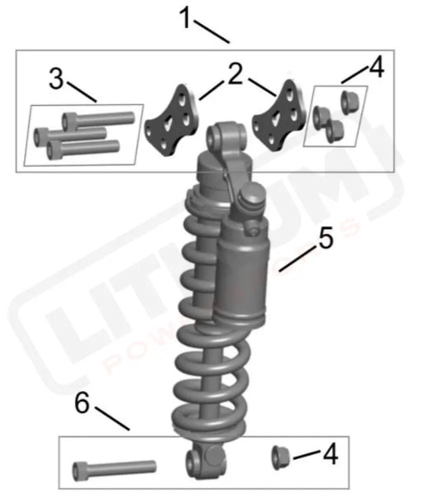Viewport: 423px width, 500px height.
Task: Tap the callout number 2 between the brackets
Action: (x=236, y=75)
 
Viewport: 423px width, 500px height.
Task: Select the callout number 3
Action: (x=56, y=79)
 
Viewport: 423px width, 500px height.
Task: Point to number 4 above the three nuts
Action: (x=376, y=69)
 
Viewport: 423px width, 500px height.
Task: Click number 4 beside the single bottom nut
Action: (x=329, y=454)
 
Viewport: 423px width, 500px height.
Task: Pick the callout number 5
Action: (x=325, y=240)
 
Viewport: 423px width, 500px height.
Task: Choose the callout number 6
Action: (x=81, y=404)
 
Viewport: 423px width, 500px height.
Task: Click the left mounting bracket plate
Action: (x=172, y=121)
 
